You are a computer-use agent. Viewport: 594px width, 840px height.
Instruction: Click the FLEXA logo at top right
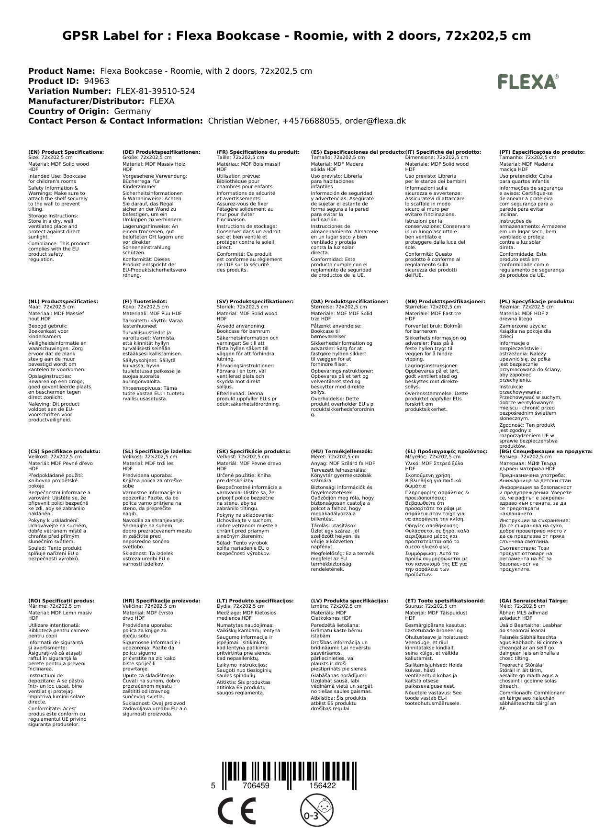click(x=527, y=82)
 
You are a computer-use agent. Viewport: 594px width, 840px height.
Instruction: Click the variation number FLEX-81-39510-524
click(x=156, y=91)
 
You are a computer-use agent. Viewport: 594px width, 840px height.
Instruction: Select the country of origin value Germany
click(x=133, y=111)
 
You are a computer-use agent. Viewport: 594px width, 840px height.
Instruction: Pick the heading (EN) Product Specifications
click(x=66, y=152)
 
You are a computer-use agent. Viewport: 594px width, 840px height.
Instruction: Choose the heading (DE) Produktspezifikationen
click(x=161, y=152)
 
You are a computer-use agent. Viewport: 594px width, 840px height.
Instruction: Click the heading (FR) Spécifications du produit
click(x=258, y=152)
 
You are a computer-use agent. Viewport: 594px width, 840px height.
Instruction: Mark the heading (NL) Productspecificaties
click(x=63, y=301)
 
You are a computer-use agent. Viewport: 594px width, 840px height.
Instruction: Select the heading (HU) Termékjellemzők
click(x=341, y=451)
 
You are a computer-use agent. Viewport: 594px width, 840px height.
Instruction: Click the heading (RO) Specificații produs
click(x=61, y=601)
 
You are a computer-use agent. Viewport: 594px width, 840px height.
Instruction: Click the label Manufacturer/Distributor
click(x=87, y=101)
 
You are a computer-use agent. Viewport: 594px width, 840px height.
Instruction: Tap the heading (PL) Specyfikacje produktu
click(x=537, y=301)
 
